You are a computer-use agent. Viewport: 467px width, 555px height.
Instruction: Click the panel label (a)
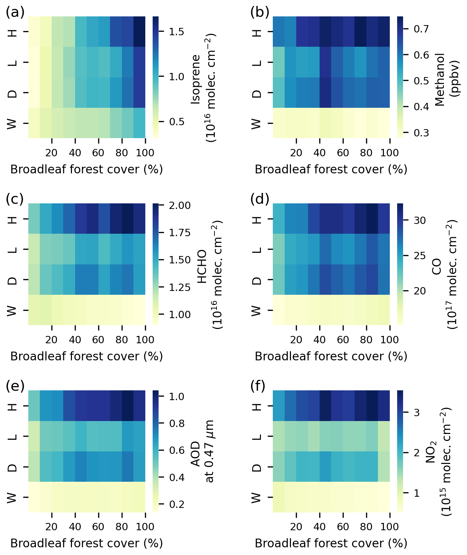tap(15, 13)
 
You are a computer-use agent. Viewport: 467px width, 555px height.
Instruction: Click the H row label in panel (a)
tap(12, 32)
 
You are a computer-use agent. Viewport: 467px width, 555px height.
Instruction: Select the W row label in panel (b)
tap(257, 123)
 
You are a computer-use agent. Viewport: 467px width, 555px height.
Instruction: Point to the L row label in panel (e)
tap(12, 436)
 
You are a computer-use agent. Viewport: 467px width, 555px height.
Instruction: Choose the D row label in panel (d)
tap(257, 280)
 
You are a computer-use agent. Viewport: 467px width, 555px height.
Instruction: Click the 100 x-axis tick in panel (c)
tap(145, 340)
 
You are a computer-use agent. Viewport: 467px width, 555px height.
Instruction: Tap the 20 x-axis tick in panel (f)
tap(296, 527)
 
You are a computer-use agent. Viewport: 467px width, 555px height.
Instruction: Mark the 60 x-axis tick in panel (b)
tap(343, 153)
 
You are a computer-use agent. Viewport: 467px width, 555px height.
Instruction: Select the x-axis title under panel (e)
tap(87, 543)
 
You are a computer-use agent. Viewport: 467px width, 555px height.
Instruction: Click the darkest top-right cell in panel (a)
tap(139, 32)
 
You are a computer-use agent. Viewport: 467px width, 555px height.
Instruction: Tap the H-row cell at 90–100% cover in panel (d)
tap(384, 219)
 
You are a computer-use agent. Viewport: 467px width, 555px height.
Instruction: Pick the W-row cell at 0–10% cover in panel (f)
tap(278, 497)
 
